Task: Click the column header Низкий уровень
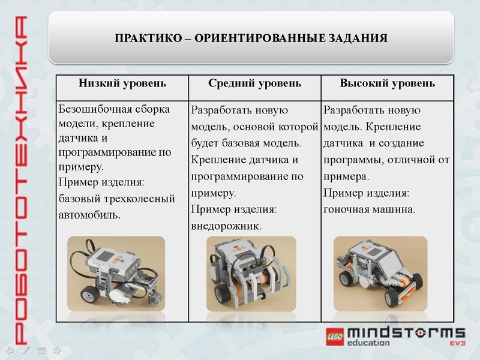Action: click(x=122, y=83)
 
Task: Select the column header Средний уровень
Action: click(x=254, y=83)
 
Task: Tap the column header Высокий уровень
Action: click(x=387, y=83)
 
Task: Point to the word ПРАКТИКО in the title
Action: click(x=147, y=38)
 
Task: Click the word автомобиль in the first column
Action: click(x=89, y=214)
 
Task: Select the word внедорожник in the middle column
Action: click(x=226, y=226)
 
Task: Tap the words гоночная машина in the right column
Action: click(x=369, y=209)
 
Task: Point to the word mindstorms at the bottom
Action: click(x=406, y=333)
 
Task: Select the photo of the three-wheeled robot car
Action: click(x=115, y=273)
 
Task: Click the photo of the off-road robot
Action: click(x=251, y=273)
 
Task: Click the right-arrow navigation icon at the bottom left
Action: click(x=58, y=349)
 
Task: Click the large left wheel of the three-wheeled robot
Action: click(x=91, y=295)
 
